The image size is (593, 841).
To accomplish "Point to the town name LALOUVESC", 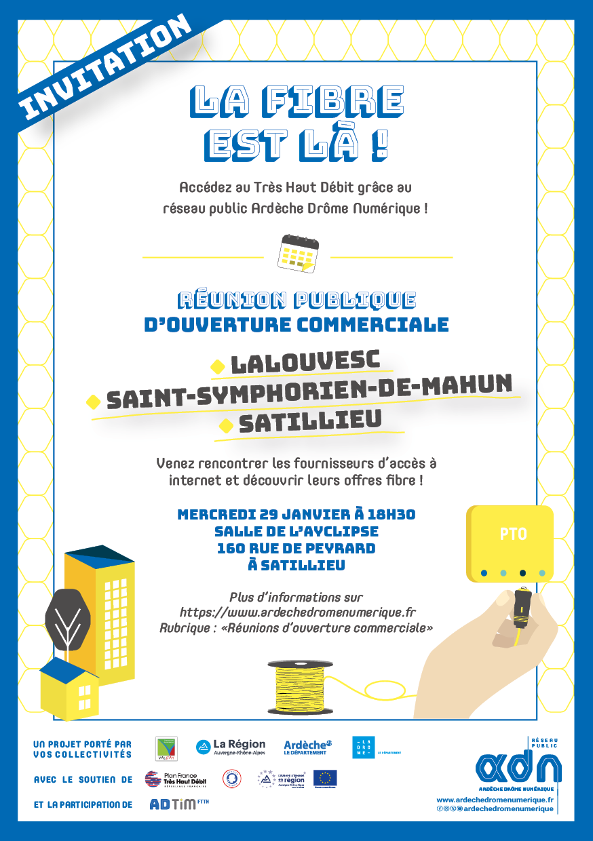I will [305, 362].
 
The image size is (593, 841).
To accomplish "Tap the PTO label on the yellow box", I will [513, 534].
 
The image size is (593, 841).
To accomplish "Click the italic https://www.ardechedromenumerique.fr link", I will [297, 612].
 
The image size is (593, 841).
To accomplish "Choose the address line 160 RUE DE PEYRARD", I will [296, 548].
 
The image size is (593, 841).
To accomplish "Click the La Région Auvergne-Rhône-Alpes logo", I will [231, 747].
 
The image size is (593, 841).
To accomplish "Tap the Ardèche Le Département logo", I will [307, 747].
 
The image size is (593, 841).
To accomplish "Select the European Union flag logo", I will [325, 778].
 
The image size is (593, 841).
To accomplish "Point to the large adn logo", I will [519, 767].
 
